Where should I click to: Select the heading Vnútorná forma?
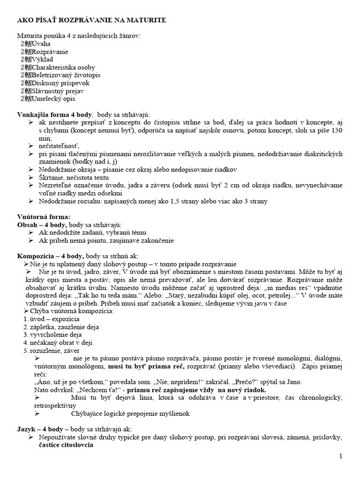coord(44,217)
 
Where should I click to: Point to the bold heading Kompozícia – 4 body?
coord(50,256)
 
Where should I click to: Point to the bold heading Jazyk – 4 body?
coord(40,429)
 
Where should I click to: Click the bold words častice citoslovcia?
coord(66,445)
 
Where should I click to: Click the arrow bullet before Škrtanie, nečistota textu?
coord(30,177)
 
